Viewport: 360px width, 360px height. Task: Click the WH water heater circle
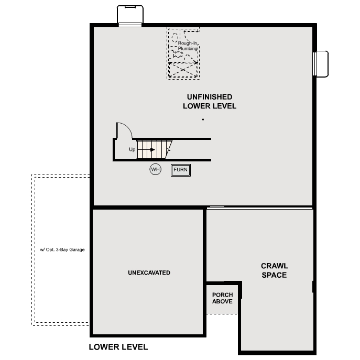[x=155, y=169]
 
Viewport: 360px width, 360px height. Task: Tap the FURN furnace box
[x=181, y=170]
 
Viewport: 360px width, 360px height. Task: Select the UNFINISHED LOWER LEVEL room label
[x=209, y=102]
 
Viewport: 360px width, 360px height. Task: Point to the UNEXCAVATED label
[x=149, y=273]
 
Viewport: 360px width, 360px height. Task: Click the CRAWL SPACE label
[x=274, y=270]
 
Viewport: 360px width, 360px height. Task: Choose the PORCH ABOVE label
[x=222, y=298]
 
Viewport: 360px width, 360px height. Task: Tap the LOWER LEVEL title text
[x=118, y=347]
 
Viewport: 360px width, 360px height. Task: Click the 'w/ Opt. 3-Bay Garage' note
[x=62, y=249]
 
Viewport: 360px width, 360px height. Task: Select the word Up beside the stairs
[x=132, y=150]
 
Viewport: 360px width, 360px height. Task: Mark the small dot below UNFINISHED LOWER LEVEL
[x=203, y=120]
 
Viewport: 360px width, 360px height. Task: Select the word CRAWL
[x=275, y=266]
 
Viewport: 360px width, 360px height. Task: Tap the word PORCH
[x=222, y=294]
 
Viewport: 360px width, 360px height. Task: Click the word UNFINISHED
[x=210, y=97]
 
